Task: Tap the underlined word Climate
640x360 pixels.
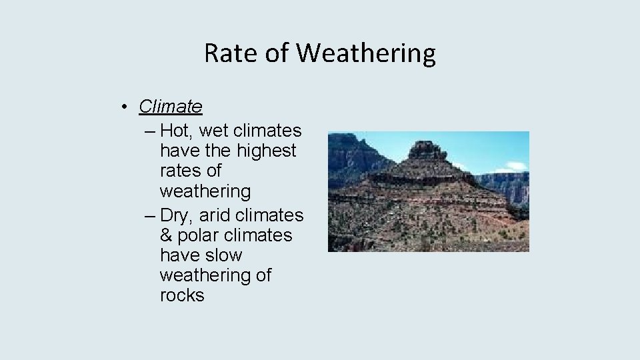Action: (x=170, y=106)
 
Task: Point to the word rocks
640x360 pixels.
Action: (x=182, y=295)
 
